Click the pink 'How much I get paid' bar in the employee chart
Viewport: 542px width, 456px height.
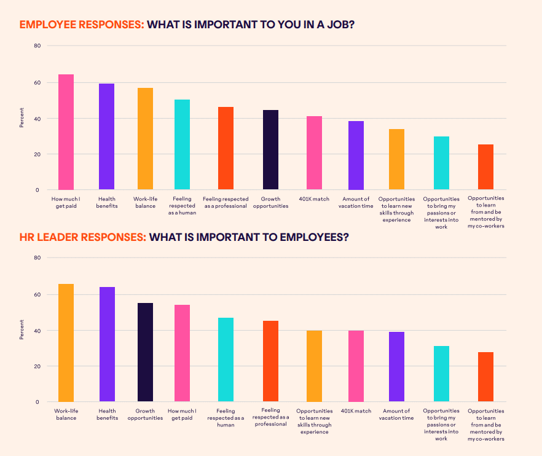click(x=66, y=132)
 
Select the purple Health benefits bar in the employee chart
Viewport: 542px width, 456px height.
click(x=106, y=136)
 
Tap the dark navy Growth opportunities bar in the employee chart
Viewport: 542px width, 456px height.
click(x=270, y=150)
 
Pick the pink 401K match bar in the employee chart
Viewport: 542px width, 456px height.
click(x=314, y=153)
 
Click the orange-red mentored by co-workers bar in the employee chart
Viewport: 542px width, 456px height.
click(x=485, y=167)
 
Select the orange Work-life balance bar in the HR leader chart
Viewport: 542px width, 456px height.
click(x=66, y=343)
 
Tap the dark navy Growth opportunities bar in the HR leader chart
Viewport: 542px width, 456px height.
click(x=145, y=352)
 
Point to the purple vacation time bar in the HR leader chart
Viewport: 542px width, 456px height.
click(x=396, y=367)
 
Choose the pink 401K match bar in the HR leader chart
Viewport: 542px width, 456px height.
click(x=356, y=366)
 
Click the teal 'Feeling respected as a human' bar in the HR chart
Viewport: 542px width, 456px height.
click(x=226, y=360)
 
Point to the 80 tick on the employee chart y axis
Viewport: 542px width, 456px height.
click(x=37, y=46)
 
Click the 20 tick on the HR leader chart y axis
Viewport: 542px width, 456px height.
click(x=37, y=366)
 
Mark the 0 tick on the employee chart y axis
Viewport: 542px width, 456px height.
click(x=37, y=190)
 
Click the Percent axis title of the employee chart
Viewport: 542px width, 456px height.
click(x=22, y=118)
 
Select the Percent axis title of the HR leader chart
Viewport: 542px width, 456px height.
click(x=22, y=330)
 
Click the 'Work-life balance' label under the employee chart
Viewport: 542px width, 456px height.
click(x=145, y=202)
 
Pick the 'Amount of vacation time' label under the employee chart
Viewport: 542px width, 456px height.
click(x=356, y=202)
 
